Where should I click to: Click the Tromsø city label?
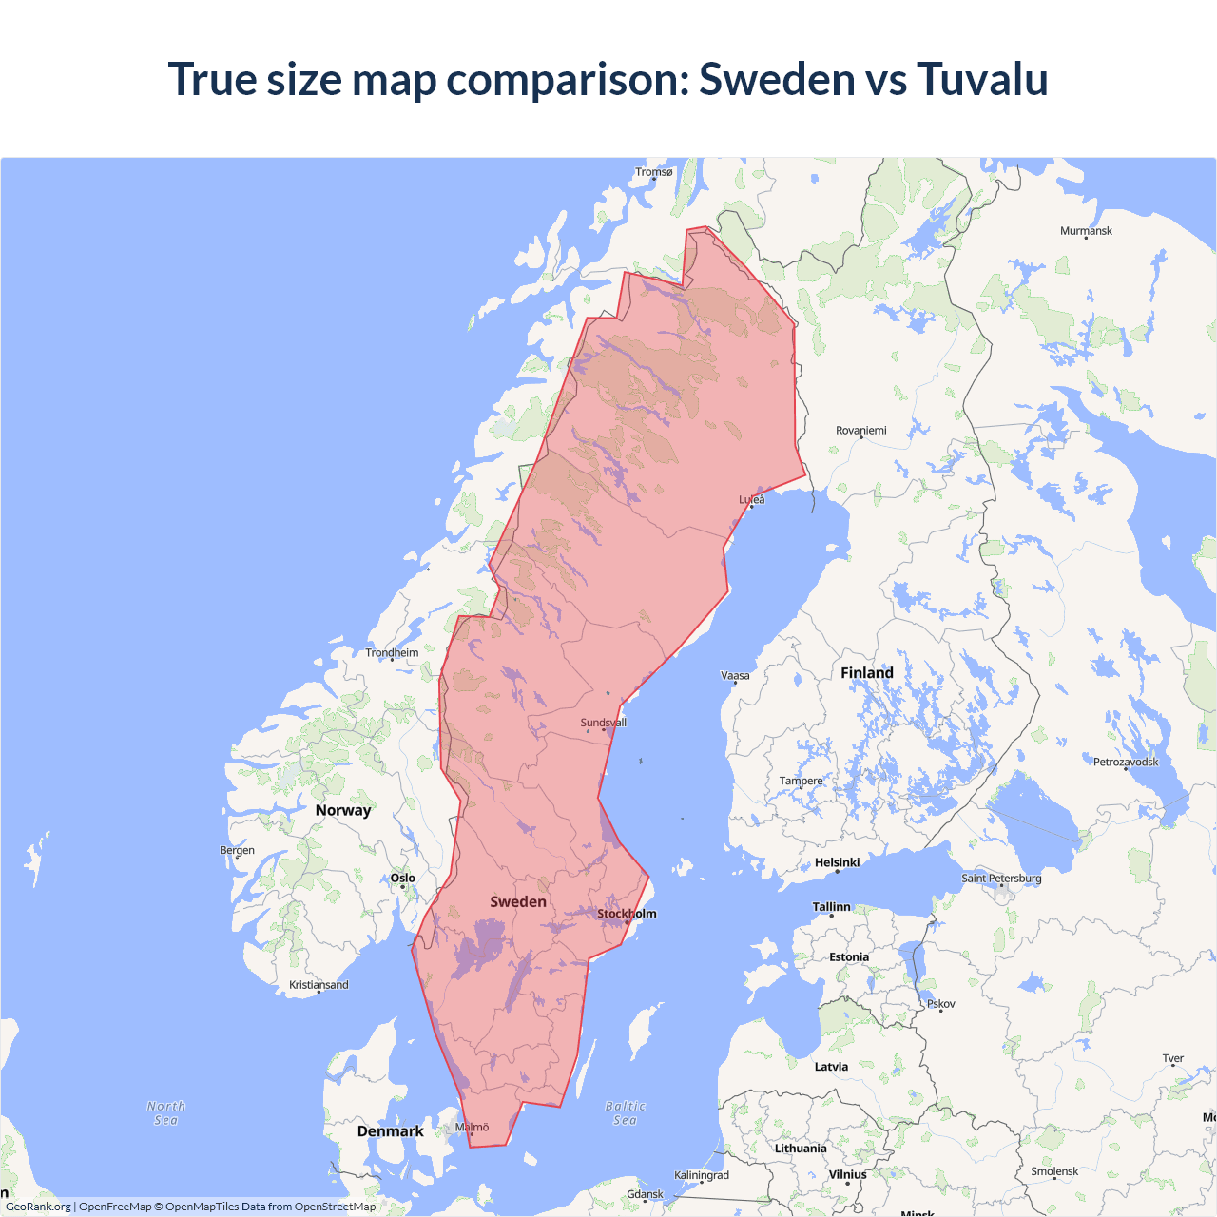[x=654, y=172]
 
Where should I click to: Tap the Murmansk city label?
[x=1086, y=231]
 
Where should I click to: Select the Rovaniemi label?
[x=860, y=431]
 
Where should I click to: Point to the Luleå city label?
[x=752, y=499]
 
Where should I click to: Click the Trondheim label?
[x=392, y=652]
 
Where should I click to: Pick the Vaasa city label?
[x=735, y=676]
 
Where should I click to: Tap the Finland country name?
[x=867, y=673]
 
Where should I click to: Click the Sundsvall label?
[x=604, y=723]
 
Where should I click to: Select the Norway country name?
[x=343, y=810]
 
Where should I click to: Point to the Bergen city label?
[x=237, y=850]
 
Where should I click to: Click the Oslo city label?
[x=403, y=878]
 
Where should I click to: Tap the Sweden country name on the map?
[x=518, y=901]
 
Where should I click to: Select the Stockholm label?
[x=627, y=914]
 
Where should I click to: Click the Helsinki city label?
[x=837, y=862]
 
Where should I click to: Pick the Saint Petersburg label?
[x=1001, y=878]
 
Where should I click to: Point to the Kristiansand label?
[x=319, y=985]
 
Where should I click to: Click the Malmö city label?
[x=472, y=1127]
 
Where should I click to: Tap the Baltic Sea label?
[x=625, y=1113]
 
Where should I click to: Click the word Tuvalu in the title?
[x=982, y=78]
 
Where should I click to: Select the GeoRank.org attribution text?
[x=38, y=1207]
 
